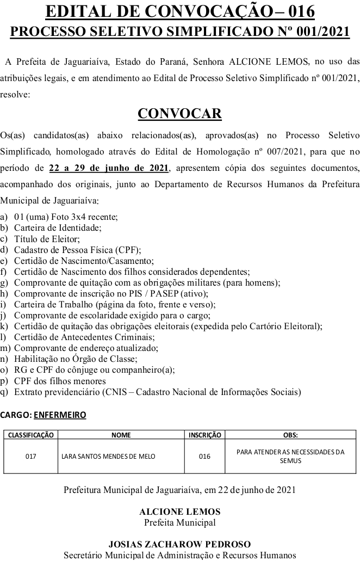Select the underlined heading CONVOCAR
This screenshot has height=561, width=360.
tap(179, 113)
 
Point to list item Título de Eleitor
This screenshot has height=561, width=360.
tap(47, 239)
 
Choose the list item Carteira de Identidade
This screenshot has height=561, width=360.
tap(58, 228)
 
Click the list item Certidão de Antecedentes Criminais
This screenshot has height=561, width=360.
tap(76, 337)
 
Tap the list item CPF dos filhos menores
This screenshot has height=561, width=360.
tap(60, 380)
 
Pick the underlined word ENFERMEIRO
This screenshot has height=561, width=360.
tap(60, 415)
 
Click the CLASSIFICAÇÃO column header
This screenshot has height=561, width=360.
tap(30, 435)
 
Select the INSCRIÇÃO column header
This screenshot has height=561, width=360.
tap(204, 435)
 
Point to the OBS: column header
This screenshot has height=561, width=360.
tap(290, 435)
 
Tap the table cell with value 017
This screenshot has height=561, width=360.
tap(30, 456)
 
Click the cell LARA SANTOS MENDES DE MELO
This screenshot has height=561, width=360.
tap(108, 456)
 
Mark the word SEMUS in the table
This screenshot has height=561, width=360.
tap(290, 460)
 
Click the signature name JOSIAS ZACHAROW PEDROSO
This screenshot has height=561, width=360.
tap(179, 544)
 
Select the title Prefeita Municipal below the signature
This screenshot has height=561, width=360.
tap(179, 523)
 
